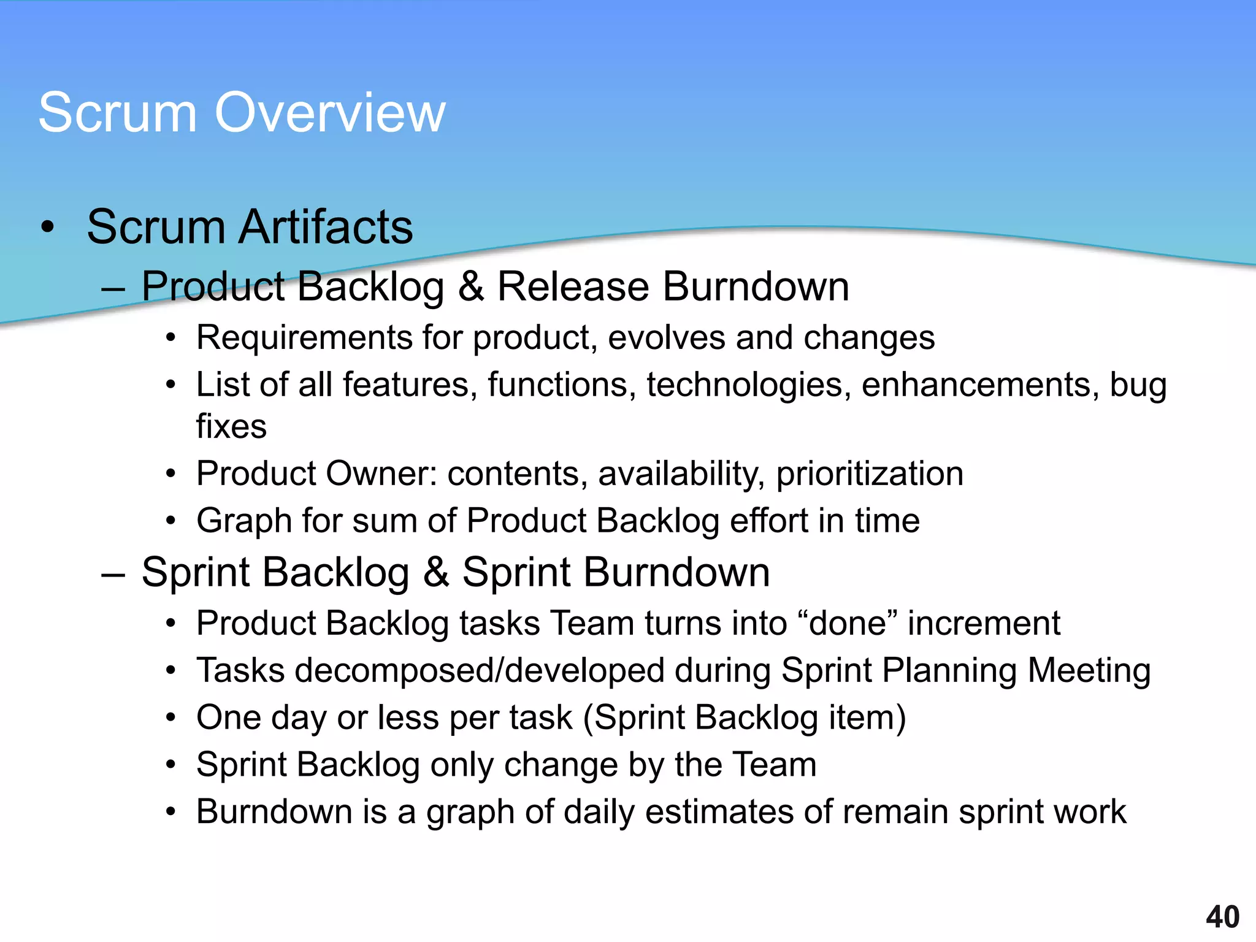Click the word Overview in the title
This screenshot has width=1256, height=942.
[x=330, y=113]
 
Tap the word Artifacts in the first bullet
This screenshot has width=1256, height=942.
[x=326, y=227]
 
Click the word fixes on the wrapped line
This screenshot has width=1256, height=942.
[x=231, y=426]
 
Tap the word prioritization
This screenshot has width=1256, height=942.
[x=870, y=474]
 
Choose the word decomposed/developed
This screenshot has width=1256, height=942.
[x=480, y=670]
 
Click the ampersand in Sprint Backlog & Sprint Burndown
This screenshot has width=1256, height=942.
[x=436, y=573]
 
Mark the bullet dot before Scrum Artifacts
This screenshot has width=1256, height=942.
[x=48, y=228]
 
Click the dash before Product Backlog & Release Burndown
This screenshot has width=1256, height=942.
[x=113, y=288]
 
